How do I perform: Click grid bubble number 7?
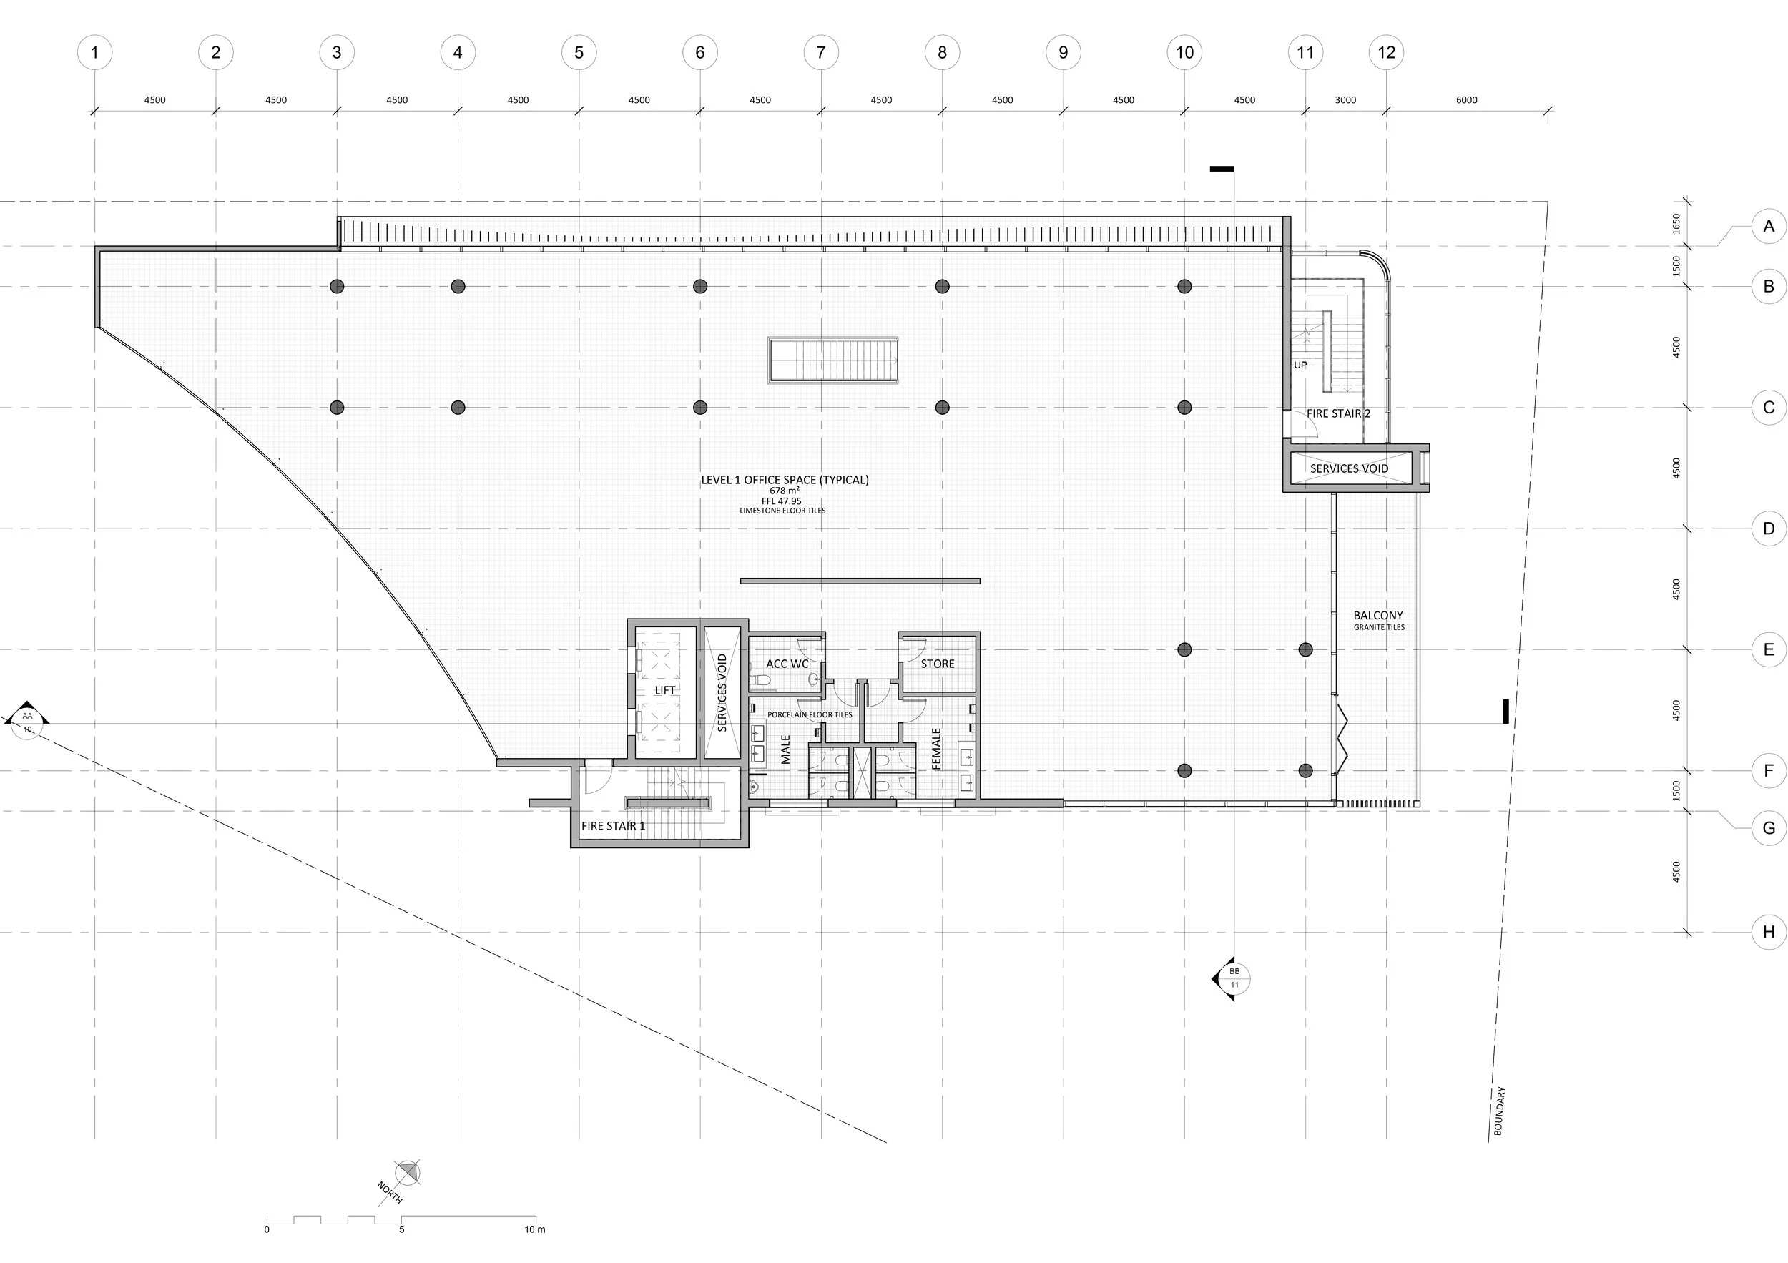(x=821, y=52)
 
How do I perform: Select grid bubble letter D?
(x=1769, y=529)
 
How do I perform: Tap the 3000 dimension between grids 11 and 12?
(x=1345, y=99)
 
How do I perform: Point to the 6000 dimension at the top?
(x=1465, y=99)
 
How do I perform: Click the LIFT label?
(x=665, y=690)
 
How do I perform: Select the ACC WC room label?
(x=787, y=664)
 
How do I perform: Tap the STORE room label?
(x=937, y=664)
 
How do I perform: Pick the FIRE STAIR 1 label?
(x=613, y=825)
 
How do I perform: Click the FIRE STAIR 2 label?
(x=1338, y=413)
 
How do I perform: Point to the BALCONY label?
(x=1377, y=615)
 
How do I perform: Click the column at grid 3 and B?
(x=336, y=287)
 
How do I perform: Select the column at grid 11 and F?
(x=1305, y=771)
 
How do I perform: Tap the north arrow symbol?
(x=406, y=1173)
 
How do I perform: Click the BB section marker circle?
(x=1234, y=978)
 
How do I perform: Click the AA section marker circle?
(x=27, y=722)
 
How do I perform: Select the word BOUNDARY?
(x=1500, y=1111)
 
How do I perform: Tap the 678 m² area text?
(x=784, y=491)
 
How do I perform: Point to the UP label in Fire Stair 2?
(x=1300, y=365)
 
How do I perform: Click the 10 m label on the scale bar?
(x=534, y=1229)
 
